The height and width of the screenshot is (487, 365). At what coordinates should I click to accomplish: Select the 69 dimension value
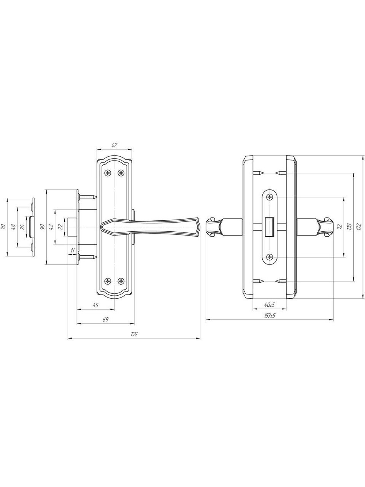tap(106, 320)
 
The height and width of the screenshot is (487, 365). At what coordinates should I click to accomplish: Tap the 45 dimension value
tap(95, 305)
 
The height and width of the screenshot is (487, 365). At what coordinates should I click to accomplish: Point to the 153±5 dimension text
tap(270, 315)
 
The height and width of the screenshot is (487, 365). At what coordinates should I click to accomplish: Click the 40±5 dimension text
tap(270, 305)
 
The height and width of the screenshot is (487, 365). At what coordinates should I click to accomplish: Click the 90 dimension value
tap(43, 227)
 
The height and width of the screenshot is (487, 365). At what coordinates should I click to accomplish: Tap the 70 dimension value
tap(3, 227)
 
